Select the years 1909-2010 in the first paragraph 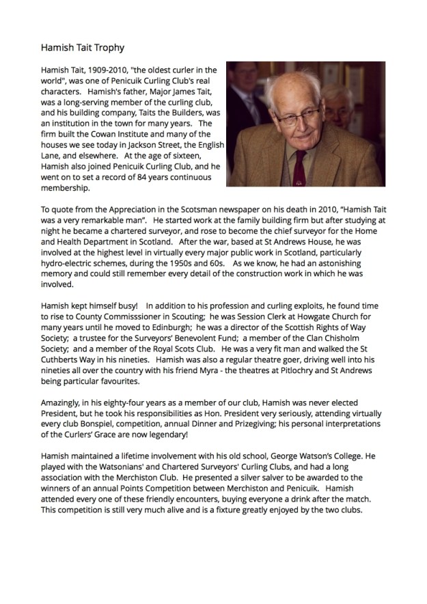100,70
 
